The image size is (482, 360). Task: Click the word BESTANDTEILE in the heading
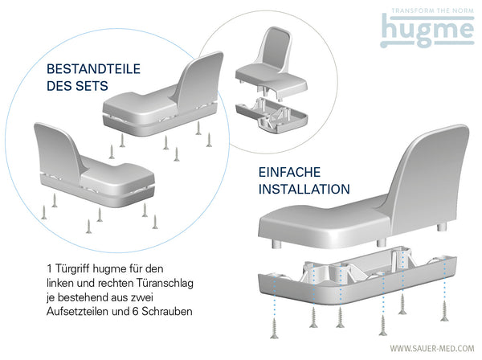click(x=86, y=69)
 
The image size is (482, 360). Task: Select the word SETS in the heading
click(x=92, y=88)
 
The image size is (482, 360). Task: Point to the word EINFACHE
click(x=290, y=172)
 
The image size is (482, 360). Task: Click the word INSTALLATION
click(x=303, y=190)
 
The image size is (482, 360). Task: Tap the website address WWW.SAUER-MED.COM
click(x=430, y=348)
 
